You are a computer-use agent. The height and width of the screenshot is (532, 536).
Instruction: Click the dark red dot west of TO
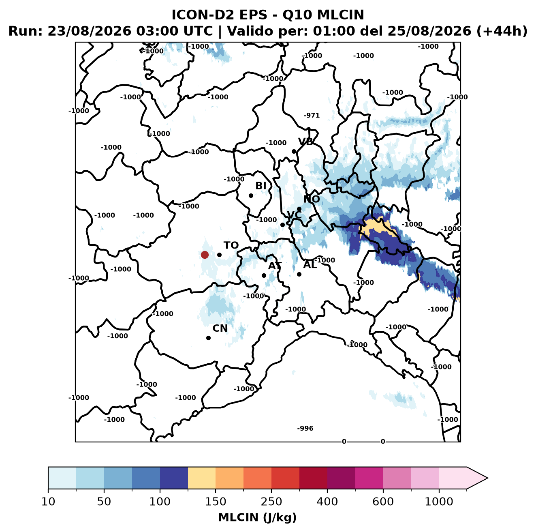tap(205, 255)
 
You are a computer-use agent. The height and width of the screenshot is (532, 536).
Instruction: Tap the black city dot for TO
tap(219, 255)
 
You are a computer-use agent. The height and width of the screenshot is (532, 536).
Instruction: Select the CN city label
tap(220, 328)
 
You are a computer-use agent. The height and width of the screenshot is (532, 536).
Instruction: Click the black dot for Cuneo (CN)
tap(208, 338)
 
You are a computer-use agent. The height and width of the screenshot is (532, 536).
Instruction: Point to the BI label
tap(261, 186)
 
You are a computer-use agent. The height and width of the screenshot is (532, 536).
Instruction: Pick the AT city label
tap(275, 266)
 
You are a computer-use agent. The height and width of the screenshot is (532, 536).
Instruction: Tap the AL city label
tap(310, 265)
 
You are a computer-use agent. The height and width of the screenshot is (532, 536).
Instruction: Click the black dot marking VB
tap(294, 151)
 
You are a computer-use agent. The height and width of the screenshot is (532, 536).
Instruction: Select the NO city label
tap(312, 199)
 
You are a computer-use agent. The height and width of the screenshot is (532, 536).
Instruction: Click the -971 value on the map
tap(312, 115)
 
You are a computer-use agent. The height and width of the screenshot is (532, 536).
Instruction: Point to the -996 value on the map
tap(305, 428)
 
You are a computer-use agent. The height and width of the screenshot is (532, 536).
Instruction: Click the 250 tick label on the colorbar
tap(271, 502)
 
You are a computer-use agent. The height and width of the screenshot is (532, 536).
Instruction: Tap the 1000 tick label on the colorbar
tap(439, 502)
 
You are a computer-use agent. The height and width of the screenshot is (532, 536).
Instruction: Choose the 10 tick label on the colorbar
tap(48, 502)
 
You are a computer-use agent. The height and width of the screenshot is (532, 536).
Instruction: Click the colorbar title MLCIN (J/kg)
tap(257, 517)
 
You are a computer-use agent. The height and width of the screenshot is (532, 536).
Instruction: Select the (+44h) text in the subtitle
tap(502, 31)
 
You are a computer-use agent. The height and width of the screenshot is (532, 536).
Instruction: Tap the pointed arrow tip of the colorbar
tap(488, 478)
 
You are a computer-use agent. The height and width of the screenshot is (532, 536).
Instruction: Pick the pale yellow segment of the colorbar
tap(202, 478)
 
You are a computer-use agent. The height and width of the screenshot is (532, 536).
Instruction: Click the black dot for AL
tap(299, 274)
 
